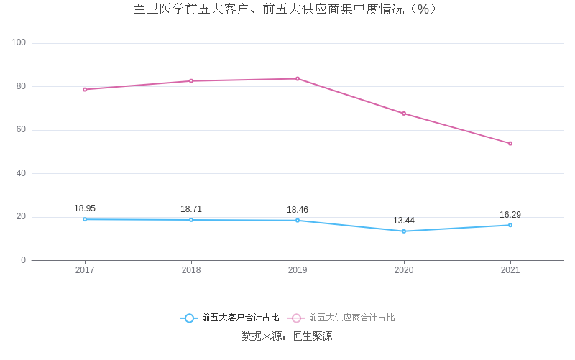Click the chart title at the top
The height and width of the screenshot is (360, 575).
click(x=285, y=9)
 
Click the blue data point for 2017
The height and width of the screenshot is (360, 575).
click(x=85, y=219)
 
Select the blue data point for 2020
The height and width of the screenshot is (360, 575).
click(x=404, y=231)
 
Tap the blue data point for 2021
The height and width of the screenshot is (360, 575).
click(x=510, y=225)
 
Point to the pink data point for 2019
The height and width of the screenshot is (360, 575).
click(x=298, y=78)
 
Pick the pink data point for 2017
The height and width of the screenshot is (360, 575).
click(x=85, y=89)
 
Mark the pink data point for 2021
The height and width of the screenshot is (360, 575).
click(x=510, y=143)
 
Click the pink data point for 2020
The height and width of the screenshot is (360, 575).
click(x=404, y=114)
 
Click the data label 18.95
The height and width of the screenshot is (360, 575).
click(x=85, y=208)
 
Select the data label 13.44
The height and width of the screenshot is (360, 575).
click(x=404, y=221)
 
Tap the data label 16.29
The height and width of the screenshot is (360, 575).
click(x=510, y=215)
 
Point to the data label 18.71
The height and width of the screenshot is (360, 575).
click(x=191, y=209)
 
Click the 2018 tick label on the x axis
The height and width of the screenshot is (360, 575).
click(x=191, y=270)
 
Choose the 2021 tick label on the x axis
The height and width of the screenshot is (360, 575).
click(x=510, y=270)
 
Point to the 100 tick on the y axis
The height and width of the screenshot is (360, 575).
click(x=19, y=43)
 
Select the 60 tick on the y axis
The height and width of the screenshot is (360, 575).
click(x=21, y=130)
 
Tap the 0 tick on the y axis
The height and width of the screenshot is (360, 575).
click(x=23, y=260)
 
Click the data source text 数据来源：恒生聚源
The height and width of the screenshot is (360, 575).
click(x=287, y=336)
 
